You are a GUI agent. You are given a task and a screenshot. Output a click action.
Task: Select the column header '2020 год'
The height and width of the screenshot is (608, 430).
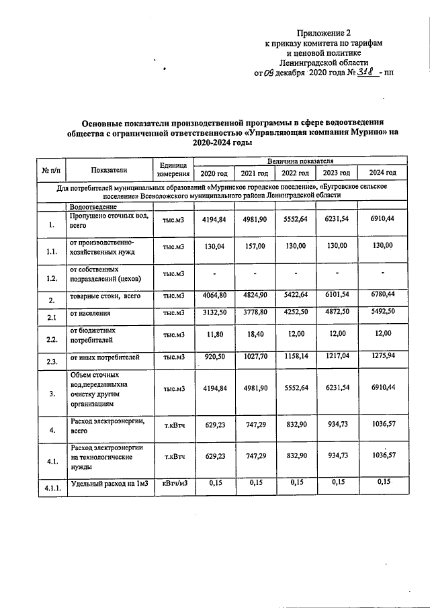tap(214, 174)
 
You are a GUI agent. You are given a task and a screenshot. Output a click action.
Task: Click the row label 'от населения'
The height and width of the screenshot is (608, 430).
tap(93, 314)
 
